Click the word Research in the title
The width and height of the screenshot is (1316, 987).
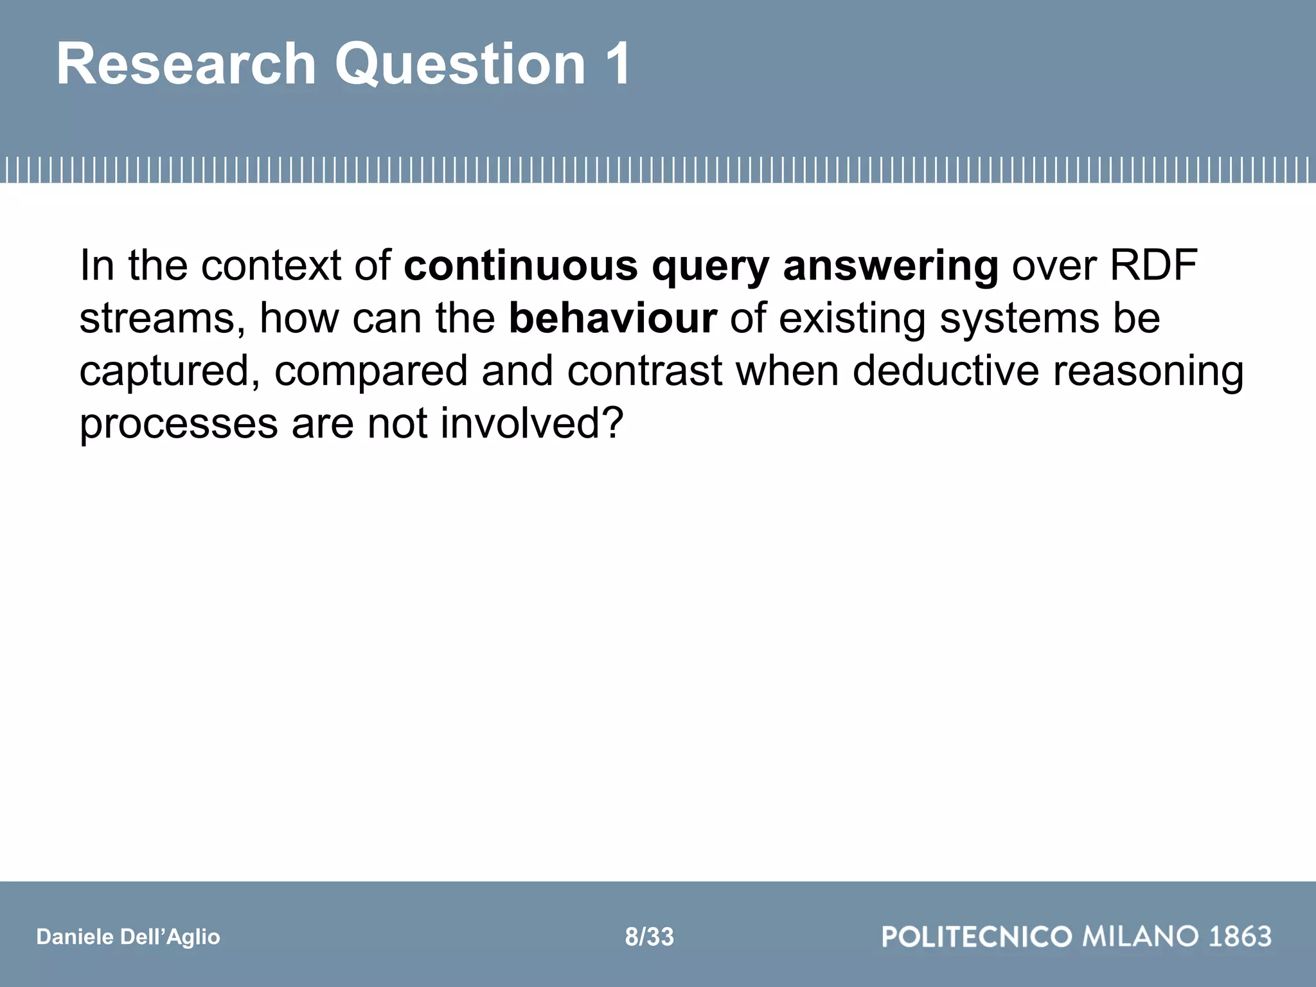[186, 64]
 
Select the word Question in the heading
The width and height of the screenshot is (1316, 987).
[460, 64]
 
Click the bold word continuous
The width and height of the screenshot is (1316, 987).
[520, 265]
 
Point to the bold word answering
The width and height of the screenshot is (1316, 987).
[891, 265]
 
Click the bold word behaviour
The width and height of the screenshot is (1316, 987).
[612, 318]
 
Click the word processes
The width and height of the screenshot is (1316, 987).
[179, 424]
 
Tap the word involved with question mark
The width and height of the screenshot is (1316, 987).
[532, 424]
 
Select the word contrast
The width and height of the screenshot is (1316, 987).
[645, 371]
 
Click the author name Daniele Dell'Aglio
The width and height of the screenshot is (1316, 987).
[129, 937]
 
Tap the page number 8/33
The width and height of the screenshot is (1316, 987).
[649, 937]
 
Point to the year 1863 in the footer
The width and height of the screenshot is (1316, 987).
[1240, 937]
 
